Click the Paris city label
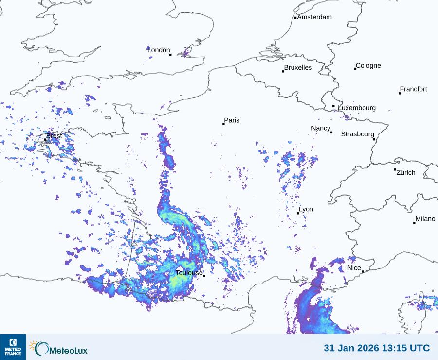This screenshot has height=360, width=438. (232, 120)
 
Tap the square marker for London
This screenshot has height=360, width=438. (170, 55)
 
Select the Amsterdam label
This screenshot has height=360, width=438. (314, 17)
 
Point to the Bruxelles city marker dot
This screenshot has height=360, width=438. (283, 72)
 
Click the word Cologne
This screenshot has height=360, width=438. (368, 66)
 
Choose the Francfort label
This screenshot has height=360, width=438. (414, 89)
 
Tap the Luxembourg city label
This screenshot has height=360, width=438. (357, 108)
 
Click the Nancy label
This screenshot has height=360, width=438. (321, 128)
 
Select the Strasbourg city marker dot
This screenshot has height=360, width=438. (374, 139)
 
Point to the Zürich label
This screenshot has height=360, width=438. (406, 172)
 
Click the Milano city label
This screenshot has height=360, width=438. (425, 219)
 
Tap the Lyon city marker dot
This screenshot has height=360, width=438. (298, 213)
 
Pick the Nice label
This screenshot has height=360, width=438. (354, 268)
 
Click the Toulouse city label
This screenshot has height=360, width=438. (189, 273)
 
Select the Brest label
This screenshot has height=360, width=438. (54, 136)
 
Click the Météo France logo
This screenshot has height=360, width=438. (13, 347)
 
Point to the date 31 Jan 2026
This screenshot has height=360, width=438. (348, 348)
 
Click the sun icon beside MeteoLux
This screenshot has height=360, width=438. (33, 345)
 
